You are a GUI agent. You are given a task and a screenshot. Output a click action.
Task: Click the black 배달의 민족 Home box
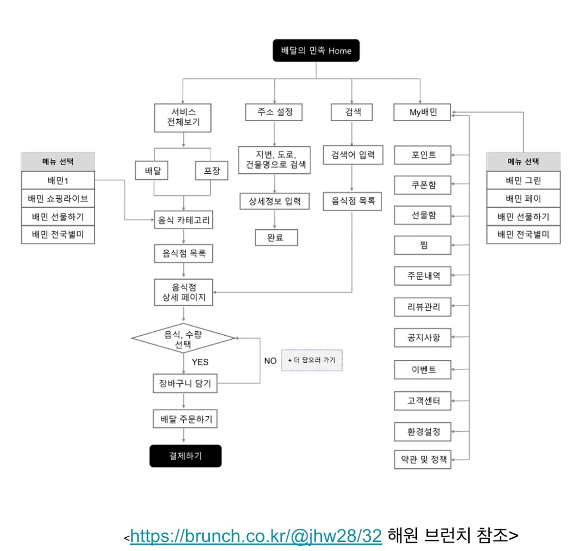point(316,50)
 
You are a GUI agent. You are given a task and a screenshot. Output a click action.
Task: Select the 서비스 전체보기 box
point(183,117)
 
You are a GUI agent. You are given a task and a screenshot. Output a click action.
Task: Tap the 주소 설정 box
point(274,112)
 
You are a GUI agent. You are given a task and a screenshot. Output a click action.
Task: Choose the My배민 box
point(422,112)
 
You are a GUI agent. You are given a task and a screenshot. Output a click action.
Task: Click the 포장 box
point(212,171)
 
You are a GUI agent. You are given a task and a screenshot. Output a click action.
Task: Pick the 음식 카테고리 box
point(184,220)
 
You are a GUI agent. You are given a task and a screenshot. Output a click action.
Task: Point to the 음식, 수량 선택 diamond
point(183,338)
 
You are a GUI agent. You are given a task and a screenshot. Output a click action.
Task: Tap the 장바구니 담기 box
point(185,383)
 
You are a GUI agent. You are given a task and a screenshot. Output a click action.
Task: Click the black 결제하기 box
point(186,456)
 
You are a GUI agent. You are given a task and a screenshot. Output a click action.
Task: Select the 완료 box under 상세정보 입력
point(276,237)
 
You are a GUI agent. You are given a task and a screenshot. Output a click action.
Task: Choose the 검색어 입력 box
point(353,155)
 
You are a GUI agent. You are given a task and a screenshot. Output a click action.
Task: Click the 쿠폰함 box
point(423,185)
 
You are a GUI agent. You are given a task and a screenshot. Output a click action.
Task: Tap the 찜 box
point(423,245)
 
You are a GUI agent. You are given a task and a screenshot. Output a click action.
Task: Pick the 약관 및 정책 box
point(423,460)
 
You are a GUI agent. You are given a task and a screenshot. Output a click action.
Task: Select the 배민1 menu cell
point(58,180)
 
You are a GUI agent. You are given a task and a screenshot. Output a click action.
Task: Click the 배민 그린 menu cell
point(524,180)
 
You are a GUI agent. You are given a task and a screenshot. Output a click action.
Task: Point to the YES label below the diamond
point(200,362)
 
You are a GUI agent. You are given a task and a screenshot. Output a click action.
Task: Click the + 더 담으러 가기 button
point(312,360)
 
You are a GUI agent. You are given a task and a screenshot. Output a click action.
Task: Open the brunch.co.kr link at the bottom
point(256,536)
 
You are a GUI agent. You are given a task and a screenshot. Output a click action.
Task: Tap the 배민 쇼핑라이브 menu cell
point(58,198)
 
